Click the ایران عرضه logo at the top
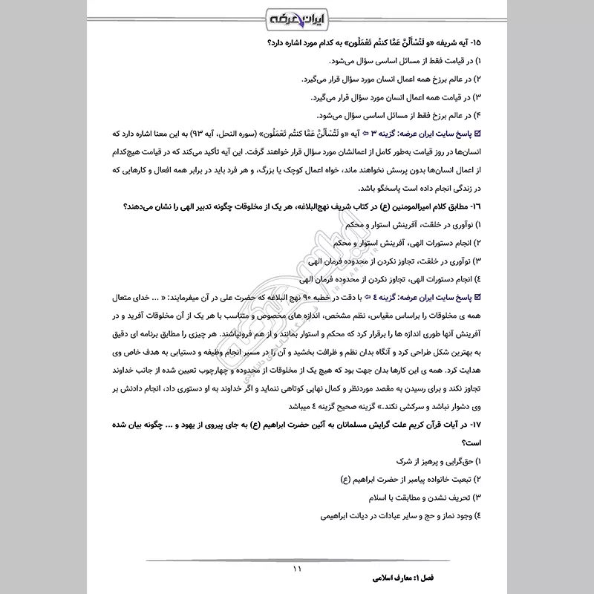297,17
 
